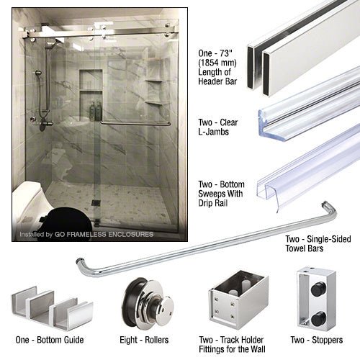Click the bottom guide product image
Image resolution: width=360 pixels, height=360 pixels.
(x=52, y=307)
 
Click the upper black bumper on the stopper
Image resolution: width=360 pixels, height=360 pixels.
(x=318, y=289)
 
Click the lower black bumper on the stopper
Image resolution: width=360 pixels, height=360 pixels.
(x=318, y=318)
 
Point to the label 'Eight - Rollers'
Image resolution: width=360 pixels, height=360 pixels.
(x=144, y=340)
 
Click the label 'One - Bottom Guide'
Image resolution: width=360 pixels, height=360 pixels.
(x=50, y=340)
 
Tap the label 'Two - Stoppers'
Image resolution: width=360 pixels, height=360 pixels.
(x=317, y=340)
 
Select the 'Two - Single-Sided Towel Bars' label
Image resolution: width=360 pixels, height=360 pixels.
(x=318, y=243)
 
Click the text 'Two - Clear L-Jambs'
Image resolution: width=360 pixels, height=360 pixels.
(x=217, y=127)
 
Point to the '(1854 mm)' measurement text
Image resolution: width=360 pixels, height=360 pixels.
(x=217, y=63)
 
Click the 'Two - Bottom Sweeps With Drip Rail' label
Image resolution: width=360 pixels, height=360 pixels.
(x=221, y=194)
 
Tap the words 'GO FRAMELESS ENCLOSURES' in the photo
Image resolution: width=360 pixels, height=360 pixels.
(x=104, y=234)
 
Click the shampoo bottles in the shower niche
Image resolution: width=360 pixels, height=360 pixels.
(x=95, y=111)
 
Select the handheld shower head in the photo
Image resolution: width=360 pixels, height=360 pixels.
(x=38, y=73)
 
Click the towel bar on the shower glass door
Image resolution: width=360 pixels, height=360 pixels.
(x=135, y=123)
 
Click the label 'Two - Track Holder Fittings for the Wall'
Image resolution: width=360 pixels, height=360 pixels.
(x=232, y=344)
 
